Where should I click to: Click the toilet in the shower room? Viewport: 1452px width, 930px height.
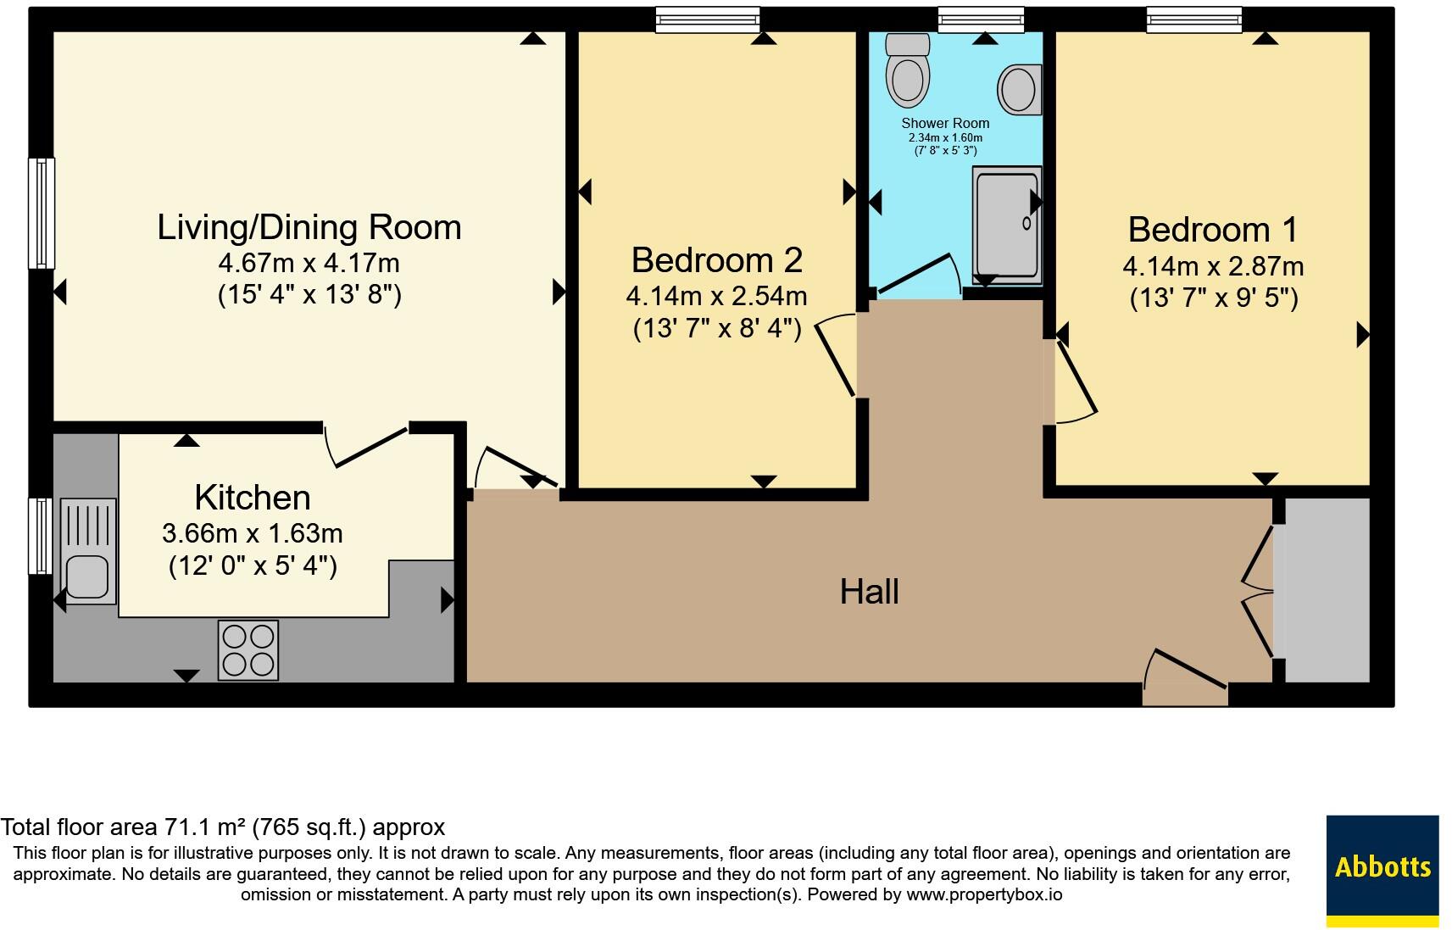pos(908,70)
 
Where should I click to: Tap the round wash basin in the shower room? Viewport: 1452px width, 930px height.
pos(1019,90)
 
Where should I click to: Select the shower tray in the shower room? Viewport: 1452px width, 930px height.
pos(1007,225)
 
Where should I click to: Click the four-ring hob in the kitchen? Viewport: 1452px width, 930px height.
pos(248,650)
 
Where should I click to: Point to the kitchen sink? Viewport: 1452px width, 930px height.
pos(88,551)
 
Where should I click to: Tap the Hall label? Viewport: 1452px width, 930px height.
pos(870,592)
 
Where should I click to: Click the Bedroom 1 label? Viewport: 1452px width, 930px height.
pos(1213,230)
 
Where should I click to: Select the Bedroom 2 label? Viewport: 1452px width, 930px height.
pos(717,260)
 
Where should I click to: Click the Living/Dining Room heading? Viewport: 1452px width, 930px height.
pos(309,228)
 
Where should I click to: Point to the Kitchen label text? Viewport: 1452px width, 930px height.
pos(253,498)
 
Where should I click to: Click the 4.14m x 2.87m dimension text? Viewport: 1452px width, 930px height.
pos(1214,266)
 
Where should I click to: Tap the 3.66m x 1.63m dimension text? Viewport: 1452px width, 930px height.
pos(252,534)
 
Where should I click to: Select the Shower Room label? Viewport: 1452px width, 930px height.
pos(945,123)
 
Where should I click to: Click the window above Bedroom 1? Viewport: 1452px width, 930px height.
pos(1194,19)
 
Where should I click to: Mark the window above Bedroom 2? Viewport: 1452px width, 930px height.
pos(707,19)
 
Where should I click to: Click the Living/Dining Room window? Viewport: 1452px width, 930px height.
pos(42,214)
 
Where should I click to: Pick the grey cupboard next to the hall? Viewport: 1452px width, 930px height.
pos(1327,590)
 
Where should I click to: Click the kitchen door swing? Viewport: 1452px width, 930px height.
pos(365,446)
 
